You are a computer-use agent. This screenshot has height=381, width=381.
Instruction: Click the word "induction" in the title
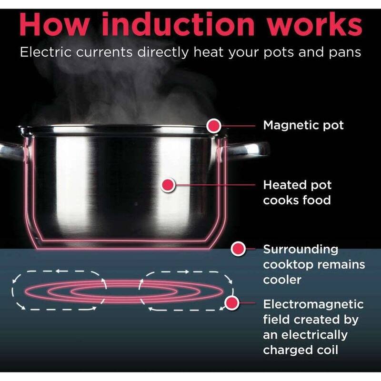(x=178, y=24)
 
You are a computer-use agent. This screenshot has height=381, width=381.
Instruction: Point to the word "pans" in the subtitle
(x=345, y=53)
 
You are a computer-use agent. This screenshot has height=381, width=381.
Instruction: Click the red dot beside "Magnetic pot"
(x=213, y=126)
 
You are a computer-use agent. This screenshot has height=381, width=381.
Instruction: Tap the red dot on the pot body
(x=168, y=185)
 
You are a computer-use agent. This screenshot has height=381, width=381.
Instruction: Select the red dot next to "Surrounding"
(x=238, y=249)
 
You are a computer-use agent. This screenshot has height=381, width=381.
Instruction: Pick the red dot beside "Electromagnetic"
(x=232, y=303)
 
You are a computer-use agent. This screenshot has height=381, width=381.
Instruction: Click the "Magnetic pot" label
(x=303, y=126)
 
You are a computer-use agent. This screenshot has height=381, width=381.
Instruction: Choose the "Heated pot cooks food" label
(x=297, y=193)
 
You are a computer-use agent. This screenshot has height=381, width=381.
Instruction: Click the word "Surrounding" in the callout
(x=301, y=250)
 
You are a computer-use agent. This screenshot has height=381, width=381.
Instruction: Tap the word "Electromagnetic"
(x=313, y=305)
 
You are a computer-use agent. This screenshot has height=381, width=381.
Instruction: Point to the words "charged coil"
(x=301, y=350)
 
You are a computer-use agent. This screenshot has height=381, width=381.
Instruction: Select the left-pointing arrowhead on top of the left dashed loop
(x=58, y=271)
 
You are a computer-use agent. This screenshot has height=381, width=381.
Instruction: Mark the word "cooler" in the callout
(x=282, y=280)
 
